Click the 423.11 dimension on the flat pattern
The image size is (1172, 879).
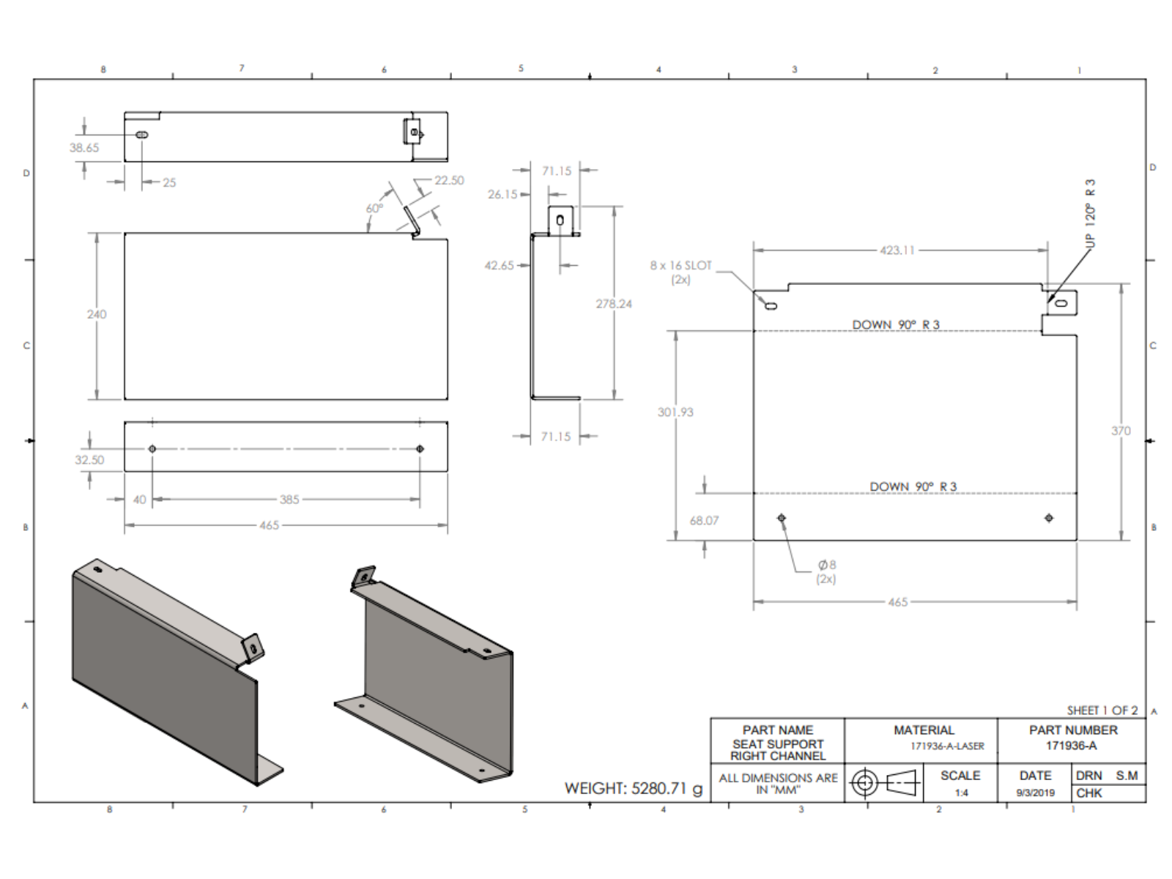[x=897, y=251]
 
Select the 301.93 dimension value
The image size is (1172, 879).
[x=675, y=412]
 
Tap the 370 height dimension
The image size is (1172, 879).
[x=1121, y=431]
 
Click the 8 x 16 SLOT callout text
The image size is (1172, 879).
[x=680, y=272]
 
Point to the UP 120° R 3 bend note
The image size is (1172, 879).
[x=1090, y=212]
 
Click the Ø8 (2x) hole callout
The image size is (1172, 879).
[x=826, y=571]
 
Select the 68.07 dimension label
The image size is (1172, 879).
[x=704, y=520]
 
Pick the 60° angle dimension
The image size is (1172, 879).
[x=374, y=209]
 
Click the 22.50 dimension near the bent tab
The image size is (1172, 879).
[x=449, y=180]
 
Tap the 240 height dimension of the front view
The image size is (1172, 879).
[x=97, y=314]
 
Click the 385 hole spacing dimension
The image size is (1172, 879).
[x=289, y=500]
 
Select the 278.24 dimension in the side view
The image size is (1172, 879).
[x=613, y=304]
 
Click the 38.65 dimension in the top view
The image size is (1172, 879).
[x=84, y=148]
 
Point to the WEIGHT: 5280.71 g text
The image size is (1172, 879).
[x=633, y=789]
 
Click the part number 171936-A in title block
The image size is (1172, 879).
[x=1071, y=746]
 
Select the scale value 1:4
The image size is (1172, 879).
[x=961, y=793]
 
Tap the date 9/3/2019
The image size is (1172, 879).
[x=1035, y=793]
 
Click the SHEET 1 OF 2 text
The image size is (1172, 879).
[x=1102, y=711]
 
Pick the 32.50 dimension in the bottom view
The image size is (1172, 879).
[x=89, y=460]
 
